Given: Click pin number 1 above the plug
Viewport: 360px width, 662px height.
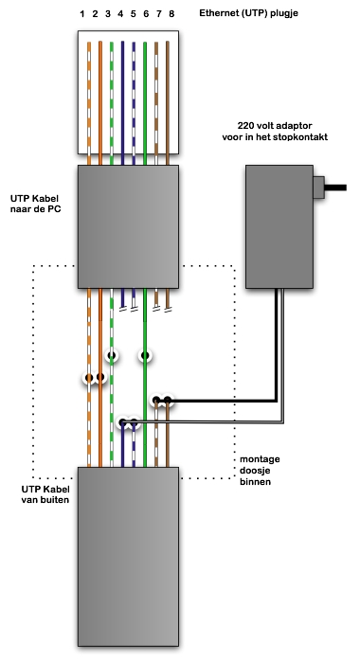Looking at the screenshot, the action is (82, 14).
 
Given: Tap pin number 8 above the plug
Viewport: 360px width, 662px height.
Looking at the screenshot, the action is (171, 14).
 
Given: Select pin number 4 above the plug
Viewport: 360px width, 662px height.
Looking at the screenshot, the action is (120, 14).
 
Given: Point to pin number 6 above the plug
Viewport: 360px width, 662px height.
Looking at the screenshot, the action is (146, 14).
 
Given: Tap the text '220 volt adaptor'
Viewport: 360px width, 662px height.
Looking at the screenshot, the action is (275, 126).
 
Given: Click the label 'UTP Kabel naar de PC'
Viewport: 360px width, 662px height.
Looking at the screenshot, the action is (35, 204).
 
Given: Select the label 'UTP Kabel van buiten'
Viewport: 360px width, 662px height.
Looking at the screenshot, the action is (45, 494).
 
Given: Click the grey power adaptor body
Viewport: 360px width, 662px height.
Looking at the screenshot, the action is (279, 226).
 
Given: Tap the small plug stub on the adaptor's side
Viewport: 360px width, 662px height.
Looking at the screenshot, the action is (318, 188).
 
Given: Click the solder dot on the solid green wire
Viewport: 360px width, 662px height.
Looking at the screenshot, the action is (145, 356).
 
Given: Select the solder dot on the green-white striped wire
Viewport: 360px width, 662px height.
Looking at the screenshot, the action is (112, 355).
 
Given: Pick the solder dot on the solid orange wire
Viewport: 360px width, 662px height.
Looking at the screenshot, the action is (100, 377).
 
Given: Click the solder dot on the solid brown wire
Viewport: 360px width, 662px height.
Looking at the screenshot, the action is (168, 400).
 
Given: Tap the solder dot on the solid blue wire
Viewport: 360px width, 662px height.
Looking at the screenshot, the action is (122, 421).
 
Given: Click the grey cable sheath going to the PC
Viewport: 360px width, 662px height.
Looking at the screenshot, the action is (128, 226).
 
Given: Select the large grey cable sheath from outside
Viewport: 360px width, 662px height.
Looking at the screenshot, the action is (128, 557).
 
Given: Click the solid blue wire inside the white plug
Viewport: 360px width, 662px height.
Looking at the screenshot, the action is (122, 102).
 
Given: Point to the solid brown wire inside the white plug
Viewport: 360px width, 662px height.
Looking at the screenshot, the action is (168, 102).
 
